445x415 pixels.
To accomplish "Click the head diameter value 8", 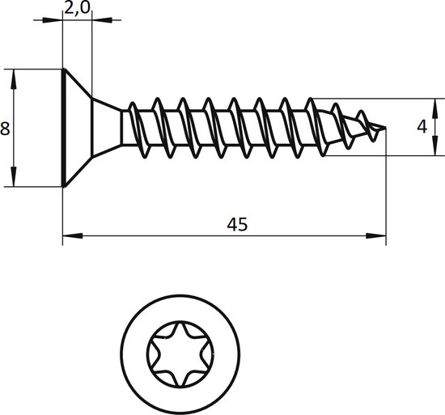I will coord(5,128).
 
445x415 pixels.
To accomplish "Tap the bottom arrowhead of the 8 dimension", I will coord(15,180).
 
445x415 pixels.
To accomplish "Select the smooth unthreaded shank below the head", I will coord(125,128).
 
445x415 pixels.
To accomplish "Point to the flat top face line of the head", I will coord(63,127).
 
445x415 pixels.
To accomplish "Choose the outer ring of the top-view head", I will coord(129,354).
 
